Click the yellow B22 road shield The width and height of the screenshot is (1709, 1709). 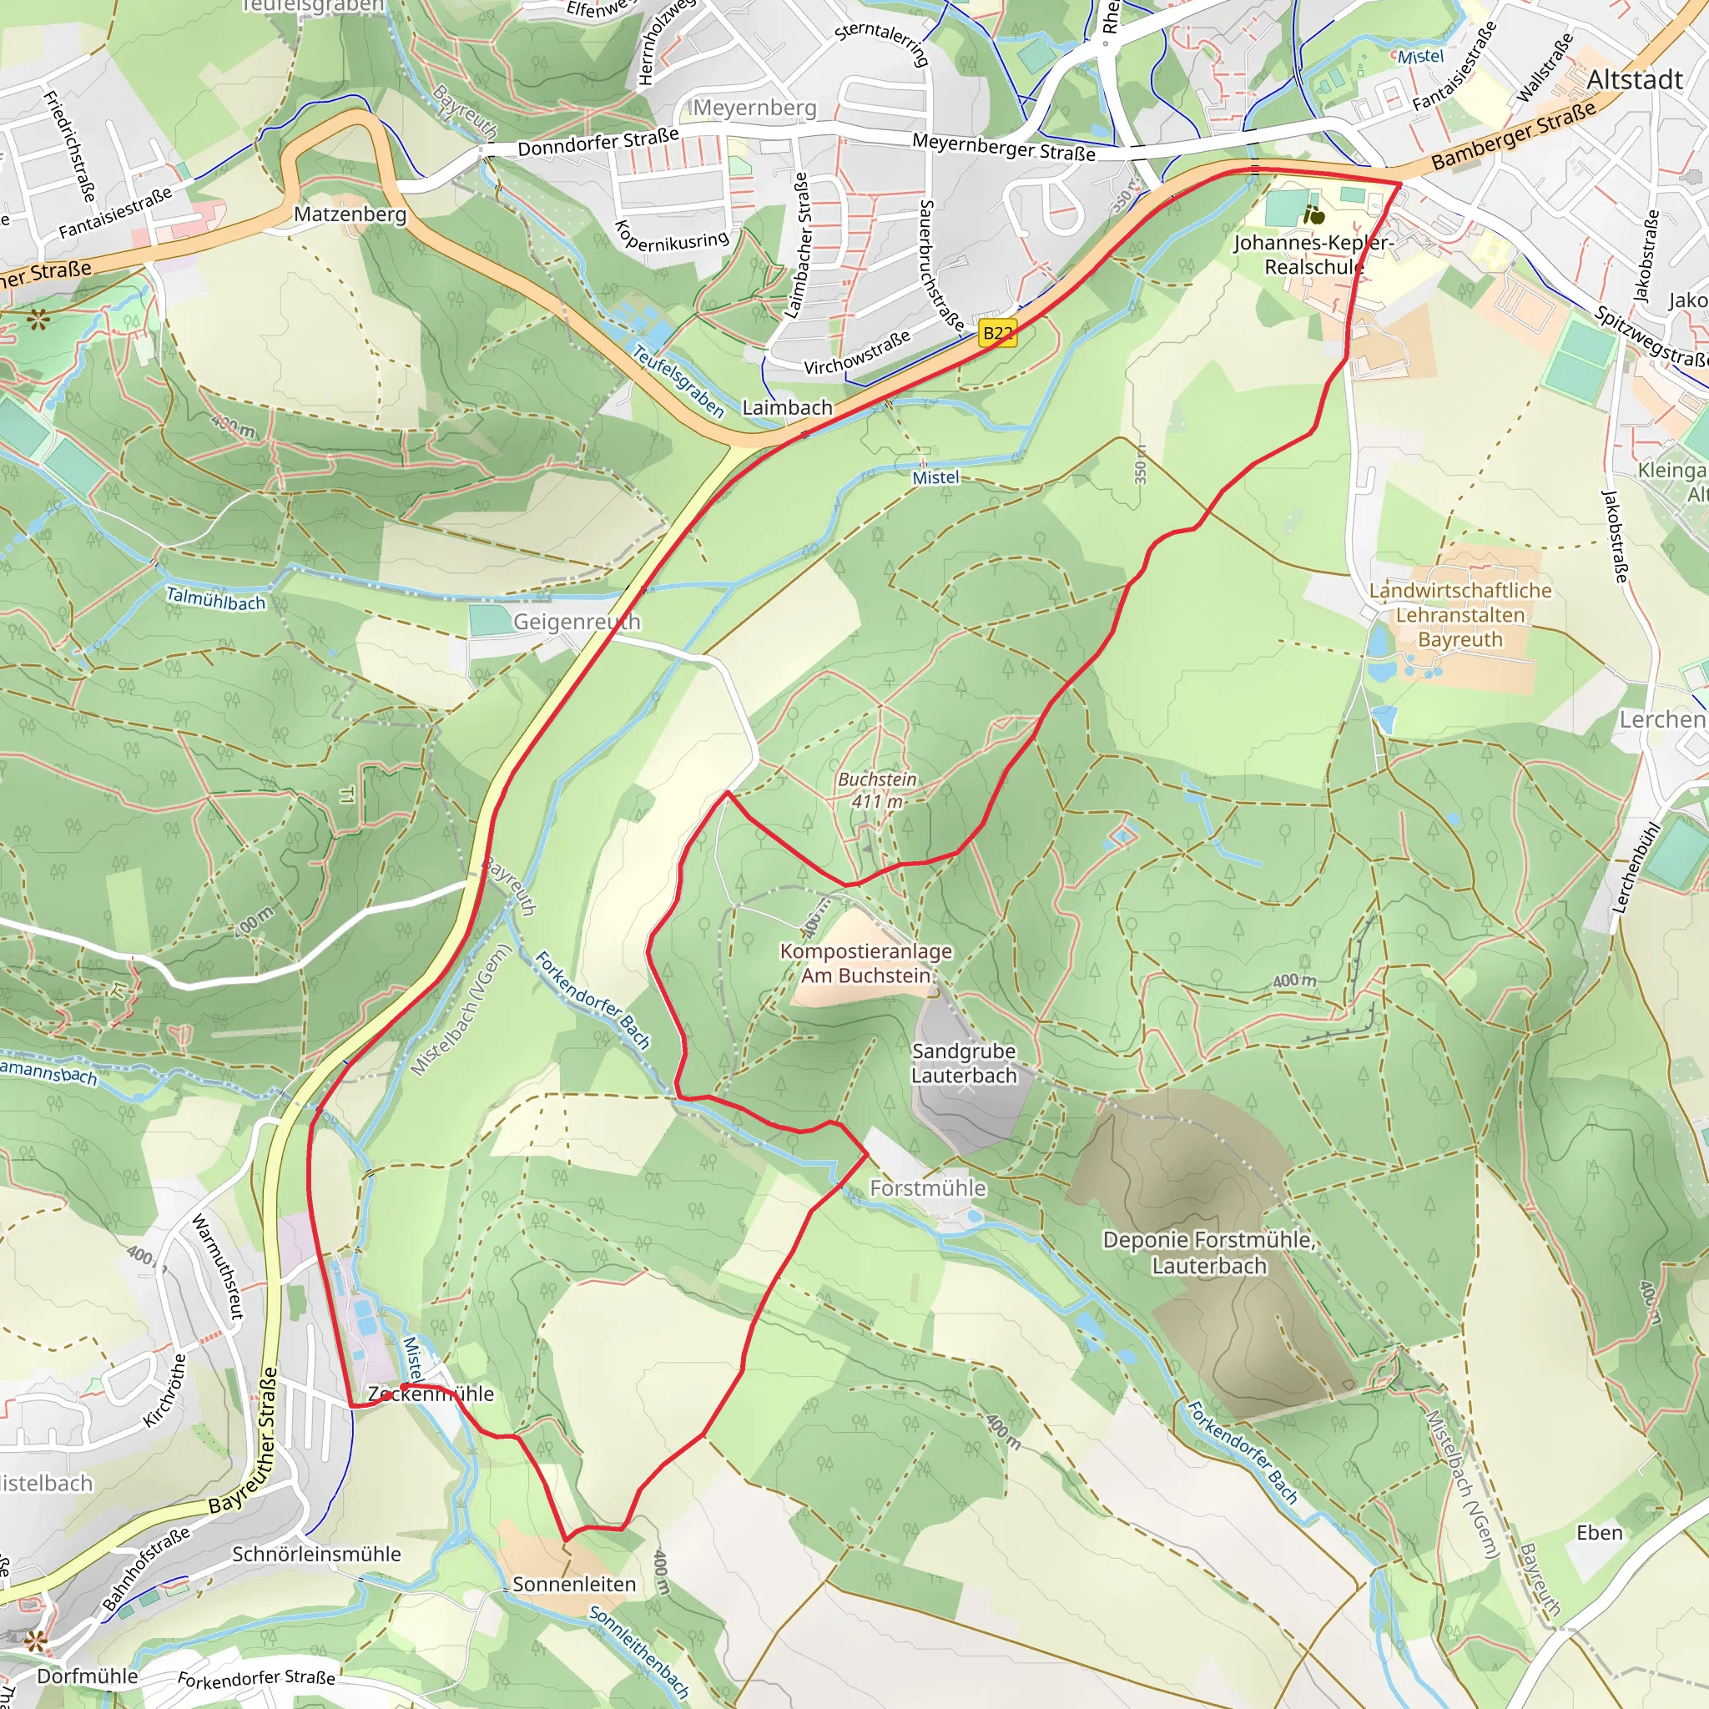998,334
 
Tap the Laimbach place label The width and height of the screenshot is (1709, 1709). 787,408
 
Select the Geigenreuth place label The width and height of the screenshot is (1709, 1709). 577,622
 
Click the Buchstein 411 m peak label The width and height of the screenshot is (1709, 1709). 878,790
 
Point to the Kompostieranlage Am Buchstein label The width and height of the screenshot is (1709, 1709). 866,963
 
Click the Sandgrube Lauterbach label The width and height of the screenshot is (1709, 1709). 964,1063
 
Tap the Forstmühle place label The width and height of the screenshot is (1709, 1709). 928,1188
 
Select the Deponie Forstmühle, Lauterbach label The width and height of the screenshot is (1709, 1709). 1209,1253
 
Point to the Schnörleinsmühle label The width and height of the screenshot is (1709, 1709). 316,1554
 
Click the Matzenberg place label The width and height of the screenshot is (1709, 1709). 350,214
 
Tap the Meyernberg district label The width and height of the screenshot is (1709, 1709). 754,108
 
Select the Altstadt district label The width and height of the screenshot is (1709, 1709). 1635,79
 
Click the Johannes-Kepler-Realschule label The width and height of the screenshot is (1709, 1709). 1313,255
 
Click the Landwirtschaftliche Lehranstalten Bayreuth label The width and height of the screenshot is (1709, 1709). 1460,615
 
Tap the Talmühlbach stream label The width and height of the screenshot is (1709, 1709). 216,599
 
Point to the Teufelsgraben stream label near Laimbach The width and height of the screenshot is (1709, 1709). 678,381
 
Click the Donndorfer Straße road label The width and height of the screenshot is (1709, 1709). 598,142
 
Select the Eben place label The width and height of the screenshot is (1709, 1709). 1600,1533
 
